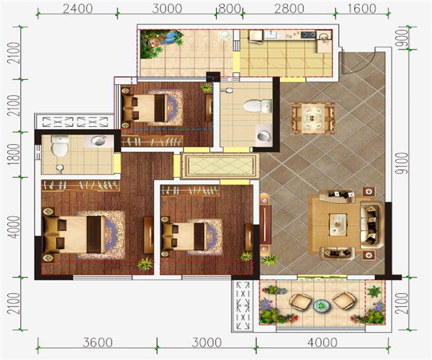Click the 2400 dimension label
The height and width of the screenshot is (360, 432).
[x=78, y=9]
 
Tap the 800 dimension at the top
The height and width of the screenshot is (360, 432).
[x=229, y=9]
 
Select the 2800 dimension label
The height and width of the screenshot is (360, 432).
[x=289, y=9]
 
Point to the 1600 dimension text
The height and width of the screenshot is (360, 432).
[x=361, y=9]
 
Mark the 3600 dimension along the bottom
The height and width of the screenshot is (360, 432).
[x=97, y=343]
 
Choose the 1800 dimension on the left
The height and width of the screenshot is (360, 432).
[x=14, y=155]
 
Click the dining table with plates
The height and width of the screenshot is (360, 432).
[x=312, y=118]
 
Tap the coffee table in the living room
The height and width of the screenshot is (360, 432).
[x=338, y=225]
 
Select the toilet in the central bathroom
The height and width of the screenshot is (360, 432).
[x=258, y=106]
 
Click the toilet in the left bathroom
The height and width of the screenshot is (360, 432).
[x=60, y=146]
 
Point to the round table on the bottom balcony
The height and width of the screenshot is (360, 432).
[x=321, y=305]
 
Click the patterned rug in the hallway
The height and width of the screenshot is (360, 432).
[x=220, y=166]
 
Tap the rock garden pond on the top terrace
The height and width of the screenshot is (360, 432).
[x=161, y=43]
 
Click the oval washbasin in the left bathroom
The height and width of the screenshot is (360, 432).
[x=98, y=140]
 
